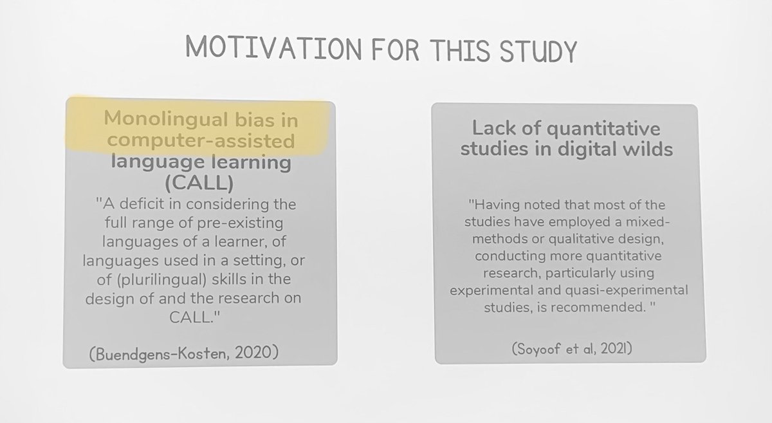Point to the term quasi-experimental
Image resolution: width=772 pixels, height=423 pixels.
tap(628, 290)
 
